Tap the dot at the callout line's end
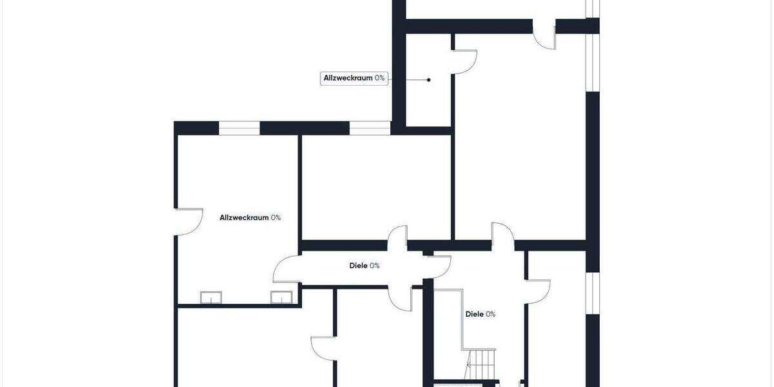[429, 80]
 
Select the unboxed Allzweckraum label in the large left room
[250, 218]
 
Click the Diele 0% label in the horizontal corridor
[364, 266]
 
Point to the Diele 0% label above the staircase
[481, 315]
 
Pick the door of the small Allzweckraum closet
[464, 61]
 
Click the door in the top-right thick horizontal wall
[544, 35]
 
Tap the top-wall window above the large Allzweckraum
[239, 128]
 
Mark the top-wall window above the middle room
[370, 128]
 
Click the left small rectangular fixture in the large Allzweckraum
[211, 297]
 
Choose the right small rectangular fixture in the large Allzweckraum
[281, 297]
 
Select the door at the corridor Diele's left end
[286, 270]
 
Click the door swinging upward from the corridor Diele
[397, 237]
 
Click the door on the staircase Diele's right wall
[539, 291]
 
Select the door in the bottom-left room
[322, 348]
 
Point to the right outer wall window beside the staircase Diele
[593, 294]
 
